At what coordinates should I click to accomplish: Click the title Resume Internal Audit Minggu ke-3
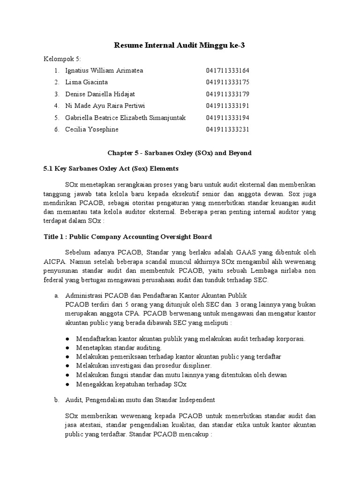click(180, 45)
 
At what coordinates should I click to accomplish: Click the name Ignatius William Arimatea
click(105, 71)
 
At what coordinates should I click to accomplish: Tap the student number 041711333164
click(228, 71)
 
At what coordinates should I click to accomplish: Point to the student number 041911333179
click(228, 94)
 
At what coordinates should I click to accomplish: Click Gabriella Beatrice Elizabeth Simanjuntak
click(126, 118)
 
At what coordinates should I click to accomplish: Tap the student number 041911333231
click(228, 129)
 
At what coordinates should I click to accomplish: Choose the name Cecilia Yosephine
click(92, 129)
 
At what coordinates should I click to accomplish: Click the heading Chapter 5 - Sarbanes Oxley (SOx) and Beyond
click(180, 153)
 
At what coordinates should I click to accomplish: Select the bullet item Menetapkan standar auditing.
click(114, 348)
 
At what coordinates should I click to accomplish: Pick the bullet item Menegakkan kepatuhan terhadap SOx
click(126, 384)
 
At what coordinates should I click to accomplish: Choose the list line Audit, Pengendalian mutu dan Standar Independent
click(140, 400)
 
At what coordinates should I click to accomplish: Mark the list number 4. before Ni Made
click(56, 106)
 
